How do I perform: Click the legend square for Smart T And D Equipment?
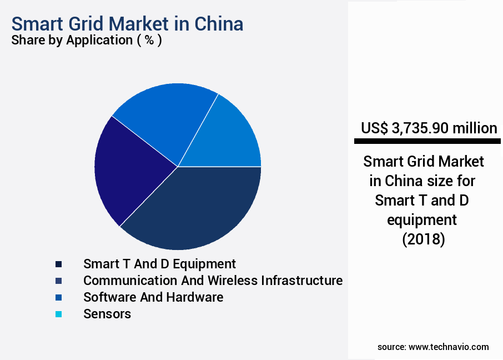click(58, 264)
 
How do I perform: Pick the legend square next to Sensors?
click(58, 314)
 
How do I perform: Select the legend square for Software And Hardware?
click(58, 298)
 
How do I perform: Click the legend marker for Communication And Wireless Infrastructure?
click(58, 281)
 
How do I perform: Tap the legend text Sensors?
click(107, 314)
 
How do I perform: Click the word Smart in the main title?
click(38, 24)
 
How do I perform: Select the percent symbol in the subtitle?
click(149, 41)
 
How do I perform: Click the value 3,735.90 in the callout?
click(419, 128)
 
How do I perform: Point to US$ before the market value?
click(375, 128)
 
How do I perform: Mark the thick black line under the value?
click(427, 142)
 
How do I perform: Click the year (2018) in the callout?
click(424, 240)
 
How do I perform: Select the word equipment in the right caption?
click(422, 220)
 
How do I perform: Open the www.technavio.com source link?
click(449, 347)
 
